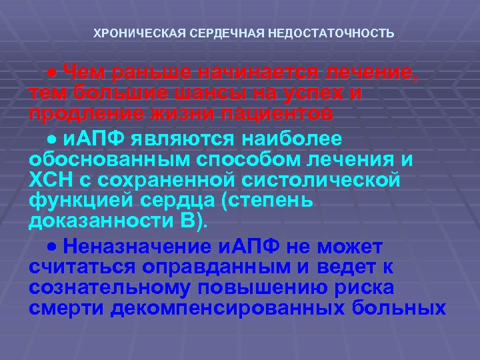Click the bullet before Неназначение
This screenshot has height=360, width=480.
coord(53,247)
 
